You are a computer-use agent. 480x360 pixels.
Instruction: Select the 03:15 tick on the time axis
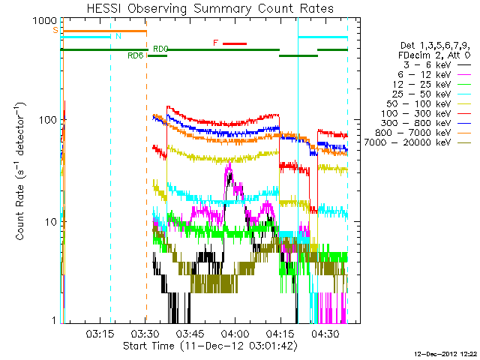[x=100, y=333]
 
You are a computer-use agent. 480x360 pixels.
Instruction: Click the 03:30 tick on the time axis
[x=145, y=333]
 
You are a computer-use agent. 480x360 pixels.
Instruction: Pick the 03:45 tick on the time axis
[x=190, y=333]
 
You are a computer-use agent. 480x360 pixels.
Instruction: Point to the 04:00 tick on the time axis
[x=235, y=333]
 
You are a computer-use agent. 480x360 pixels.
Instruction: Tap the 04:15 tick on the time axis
[x=280, y=333]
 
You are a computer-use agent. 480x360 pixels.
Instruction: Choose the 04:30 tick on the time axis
[x=325, y=333]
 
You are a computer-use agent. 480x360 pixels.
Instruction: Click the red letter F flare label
[x=215, y=43]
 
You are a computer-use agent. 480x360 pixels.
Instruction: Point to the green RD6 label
[x=136, y=55]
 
